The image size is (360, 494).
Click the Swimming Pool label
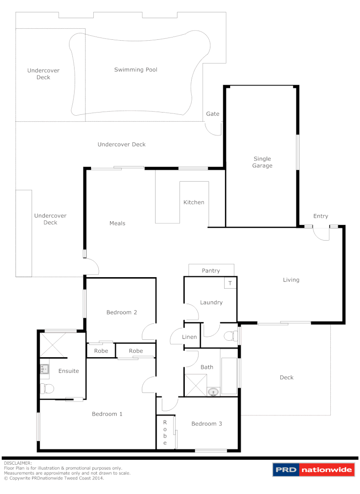point(135,70)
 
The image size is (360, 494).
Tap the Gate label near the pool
point(213,113)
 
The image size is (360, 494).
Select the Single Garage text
point(263,162)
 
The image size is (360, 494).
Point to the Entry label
point(320,216)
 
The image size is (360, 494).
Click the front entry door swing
point(322,233)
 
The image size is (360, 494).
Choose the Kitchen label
point(194,202)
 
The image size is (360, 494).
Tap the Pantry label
point(211,270)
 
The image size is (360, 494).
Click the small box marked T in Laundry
point(230,283)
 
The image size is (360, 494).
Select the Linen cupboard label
point(189,337)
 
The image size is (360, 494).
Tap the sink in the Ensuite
point(44,369)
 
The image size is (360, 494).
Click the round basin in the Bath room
point(213,392)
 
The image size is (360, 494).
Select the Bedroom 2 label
point(122,312)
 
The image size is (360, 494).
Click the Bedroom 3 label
point(207,424)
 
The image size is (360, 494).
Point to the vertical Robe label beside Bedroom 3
point(165,433)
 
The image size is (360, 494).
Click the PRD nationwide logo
point(313,470)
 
